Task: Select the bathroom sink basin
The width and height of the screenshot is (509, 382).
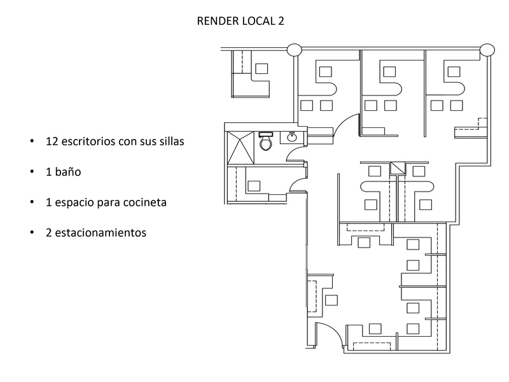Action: (293, 136)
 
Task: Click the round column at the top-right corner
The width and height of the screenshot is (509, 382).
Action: (487, 49)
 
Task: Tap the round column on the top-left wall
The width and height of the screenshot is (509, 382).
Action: (295, 50)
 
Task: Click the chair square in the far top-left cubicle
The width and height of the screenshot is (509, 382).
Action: (261, 68)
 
